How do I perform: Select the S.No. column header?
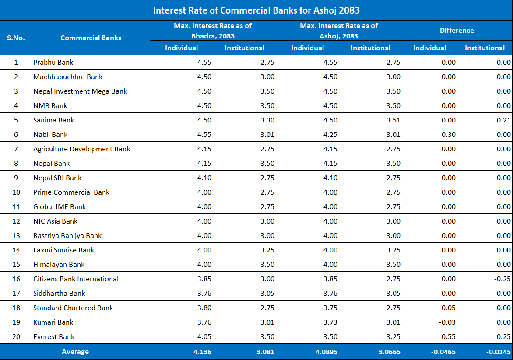[16, 38]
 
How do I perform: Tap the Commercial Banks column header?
[91, 38]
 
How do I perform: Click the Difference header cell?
[457, 31]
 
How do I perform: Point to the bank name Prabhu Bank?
[53, 63]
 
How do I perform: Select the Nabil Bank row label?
[50, 135]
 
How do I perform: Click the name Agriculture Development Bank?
[82, 149]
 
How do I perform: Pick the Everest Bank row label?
[54, 337]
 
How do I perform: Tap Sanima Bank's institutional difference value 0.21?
[503, 120]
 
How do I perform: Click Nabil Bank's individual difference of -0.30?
[447, 135]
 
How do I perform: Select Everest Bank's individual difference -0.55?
[447, 337]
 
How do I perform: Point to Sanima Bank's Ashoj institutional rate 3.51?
[393, 120]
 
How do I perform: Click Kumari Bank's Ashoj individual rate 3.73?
[330, 322]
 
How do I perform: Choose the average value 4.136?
[202, 352]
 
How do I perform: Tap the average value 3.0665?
[389, 352]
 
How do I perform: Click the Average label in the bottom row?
[75, 352]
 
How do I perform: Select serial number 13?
[16, 236]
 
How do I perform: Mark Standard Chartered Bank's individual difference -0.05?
[447, 308]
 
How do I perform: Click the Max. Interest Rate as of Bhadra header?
[213, 31]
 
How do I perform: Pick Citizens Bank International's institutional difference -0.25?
[502, 279]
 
